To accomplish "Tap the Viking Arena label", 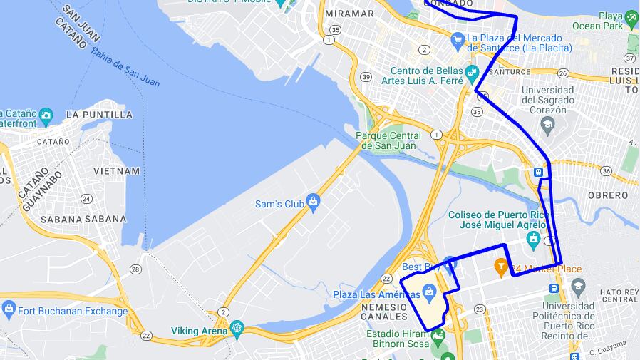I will point(199,331).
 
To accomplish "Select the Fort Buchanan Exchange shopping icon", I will point(9,310).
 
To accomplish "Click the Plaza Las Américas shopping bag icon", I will point(429,292).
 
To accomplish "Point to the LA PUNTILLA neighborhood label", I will point(99,114).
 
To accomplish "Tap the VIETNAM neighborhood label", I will point(117,171).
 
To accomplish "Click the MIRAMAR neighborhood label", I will point(349,14).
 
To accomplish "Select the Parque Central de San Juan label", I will point(388,140).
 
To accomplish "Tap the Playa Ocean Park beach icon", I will point(631,16).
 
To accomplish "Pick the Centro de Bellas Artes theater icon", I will point(471,72).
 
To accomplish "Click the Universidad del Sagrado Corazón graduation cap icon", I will point(547,125).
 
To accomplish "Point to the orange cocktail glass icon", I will point(501,268).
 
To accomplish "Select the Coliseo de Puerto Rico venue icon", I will point(533,238).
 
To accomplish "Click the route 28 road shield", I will point(135,268).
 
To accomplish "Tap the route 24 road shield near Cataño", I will point(86,199).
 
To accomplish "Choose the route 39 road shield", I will point(366,77).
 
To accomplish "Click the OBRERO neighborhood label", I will point(608,195).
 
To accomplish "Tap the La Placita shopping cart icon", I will point(458,38).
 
